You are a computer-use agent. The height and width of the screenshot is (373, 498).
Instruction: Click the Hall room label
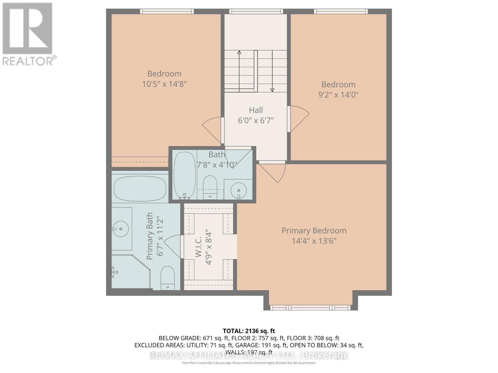[x=256, y=110]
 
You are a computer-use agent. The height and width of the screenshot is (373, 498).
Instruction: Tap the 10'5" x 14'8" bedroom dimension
[x=164, y=84]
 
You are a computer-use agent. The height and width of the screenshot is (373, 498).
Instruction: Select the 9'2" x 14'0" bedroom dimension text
[x=338, y=94]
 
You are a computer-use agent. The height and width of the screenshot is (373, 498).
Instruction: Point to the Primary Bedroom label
[x=314, y=231]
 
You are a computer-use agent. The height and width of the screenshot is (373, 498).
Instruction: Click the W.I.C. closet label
[x=199, y=247]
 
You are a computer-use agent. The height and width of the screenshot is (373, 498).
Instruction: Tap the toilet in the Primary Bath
[x=168, y=278]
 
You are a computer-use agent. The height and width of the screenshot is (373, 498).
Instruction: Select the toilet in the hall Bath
[x=210, y=187]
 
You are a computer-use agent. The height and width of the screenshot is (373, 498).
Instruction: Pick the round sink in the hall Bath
[x=239, y=190]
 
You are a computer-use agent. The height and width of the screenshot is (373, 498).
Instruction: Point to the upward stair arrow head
[x=239, y=52]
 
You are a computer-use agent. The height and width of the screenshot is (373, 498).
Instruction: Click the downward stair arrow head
[x=272, y=90]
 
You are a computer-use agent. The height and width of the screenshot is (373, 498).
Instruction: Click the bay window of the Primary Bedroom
[x=311, y=307]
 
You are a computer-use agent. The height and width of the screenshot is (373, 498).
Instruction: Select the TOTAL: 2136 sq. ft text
[x=249, y=331]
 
